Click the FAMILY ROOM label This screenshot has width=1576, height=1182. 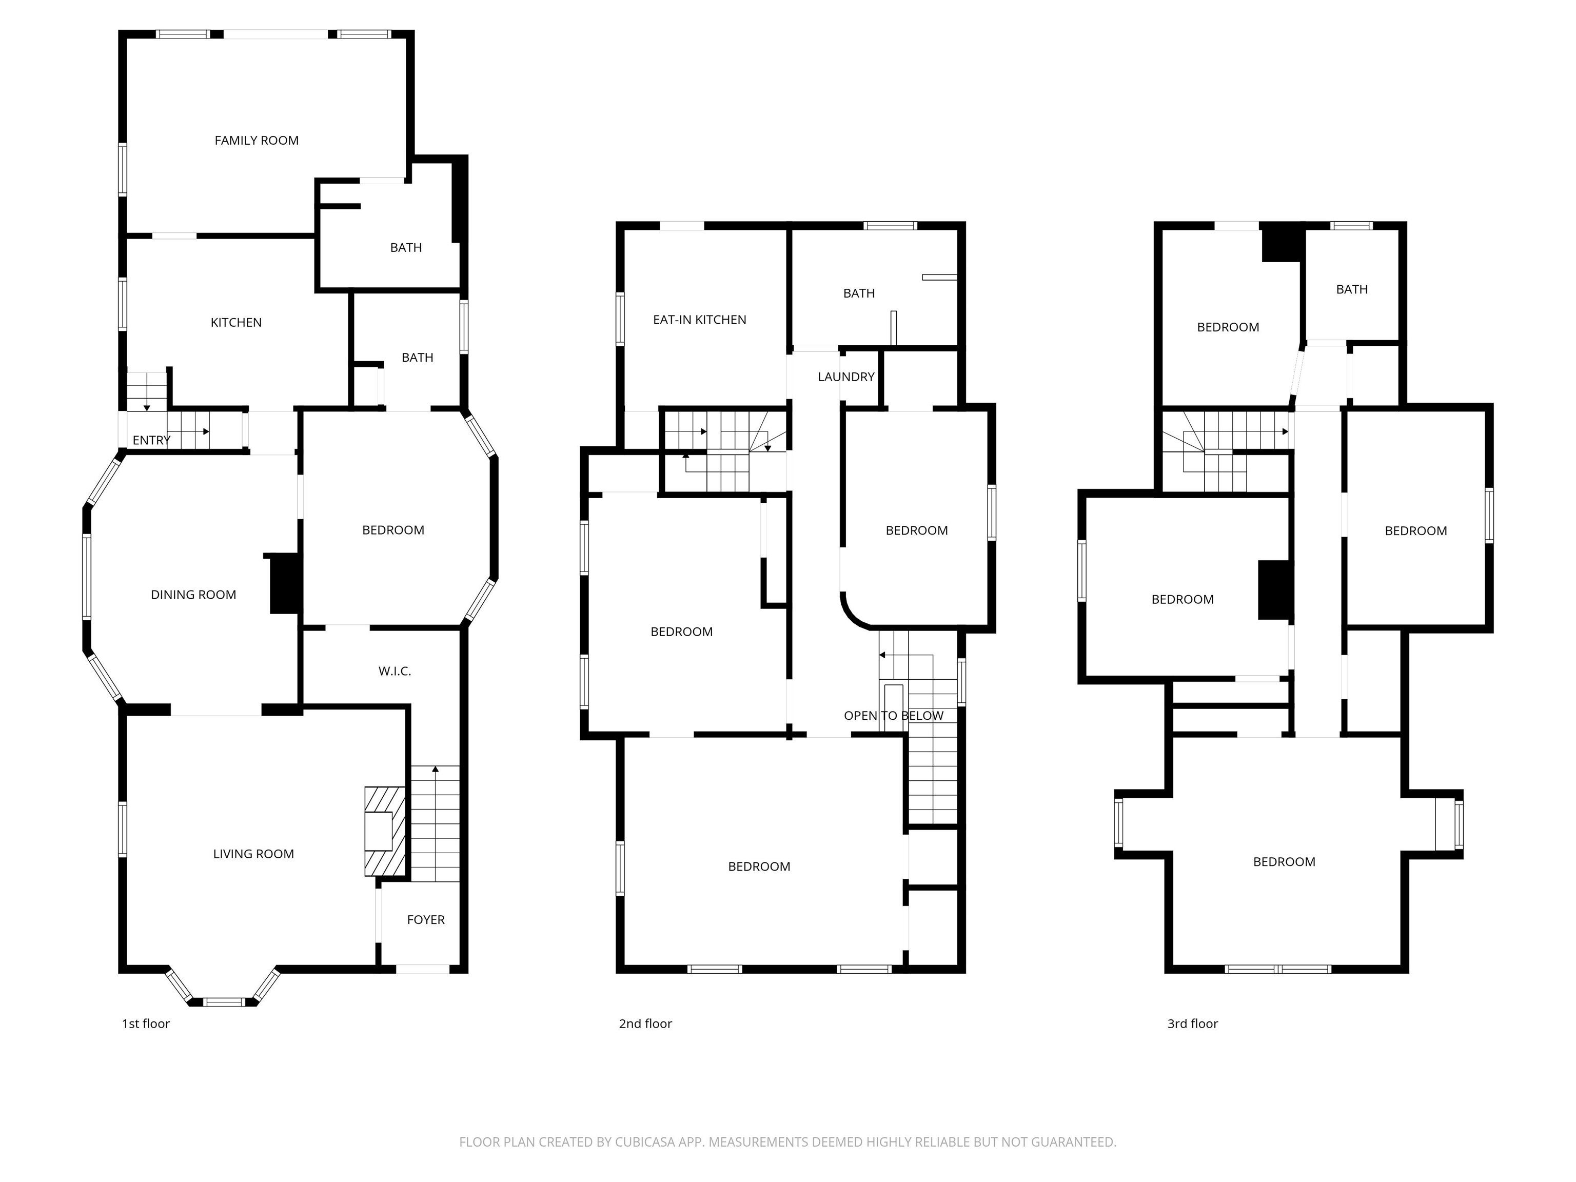click(257, 141)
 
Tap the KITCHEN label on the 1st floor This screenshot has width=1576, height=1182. click(236, 323)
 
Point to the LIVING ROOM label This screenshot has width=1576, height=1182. click(253, 854)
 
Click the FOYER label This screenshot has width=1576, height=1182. click(426, 920)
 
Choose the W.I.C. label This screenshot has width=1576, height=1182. click(395, 671)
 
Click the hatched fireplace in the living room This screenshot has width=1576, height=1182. click(385, 831)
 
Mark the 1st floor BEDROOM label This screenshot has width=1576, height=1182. click(393, 530)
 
